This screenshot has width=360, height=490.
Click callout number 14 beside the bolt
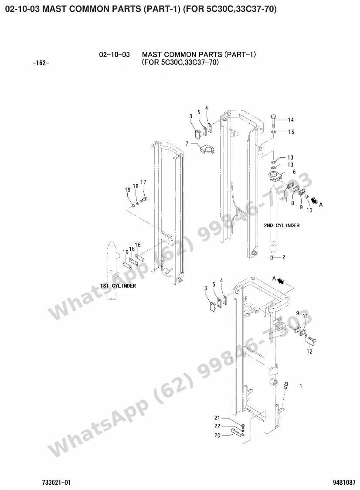click(291, 120)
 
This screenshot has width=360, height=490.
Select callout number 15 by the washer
click(291, 132)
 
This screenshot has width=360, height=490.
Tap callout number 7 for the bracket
click(187, 144)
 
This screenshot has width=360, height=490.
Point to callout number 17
click(143, 182)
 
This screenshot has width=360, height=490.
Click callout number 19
click(128, 190)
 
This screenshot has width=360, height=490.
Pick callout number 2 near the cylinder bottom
click(283, 258)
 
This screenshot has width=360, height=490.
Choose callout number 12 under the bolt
click(309, 351)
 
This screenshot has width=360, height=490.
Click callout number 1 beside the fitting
click(301, 386)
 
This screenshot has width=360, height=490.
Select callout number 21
click(217, 418)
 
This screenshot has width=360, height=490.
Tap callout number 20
click(217, 436)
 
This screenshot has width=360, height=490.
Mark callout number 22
click(217, 426)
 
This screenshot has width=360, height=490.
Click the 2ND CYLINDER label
click(282, 225)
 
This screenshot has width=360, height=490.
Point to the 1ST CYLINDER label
click(118, 286)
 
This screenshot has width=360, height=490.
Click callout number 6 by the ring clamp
click(294, 172)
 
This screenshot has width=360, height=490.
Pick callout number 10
click(309, 211)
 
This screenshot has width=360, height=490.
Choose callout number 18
click(136, 186)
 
